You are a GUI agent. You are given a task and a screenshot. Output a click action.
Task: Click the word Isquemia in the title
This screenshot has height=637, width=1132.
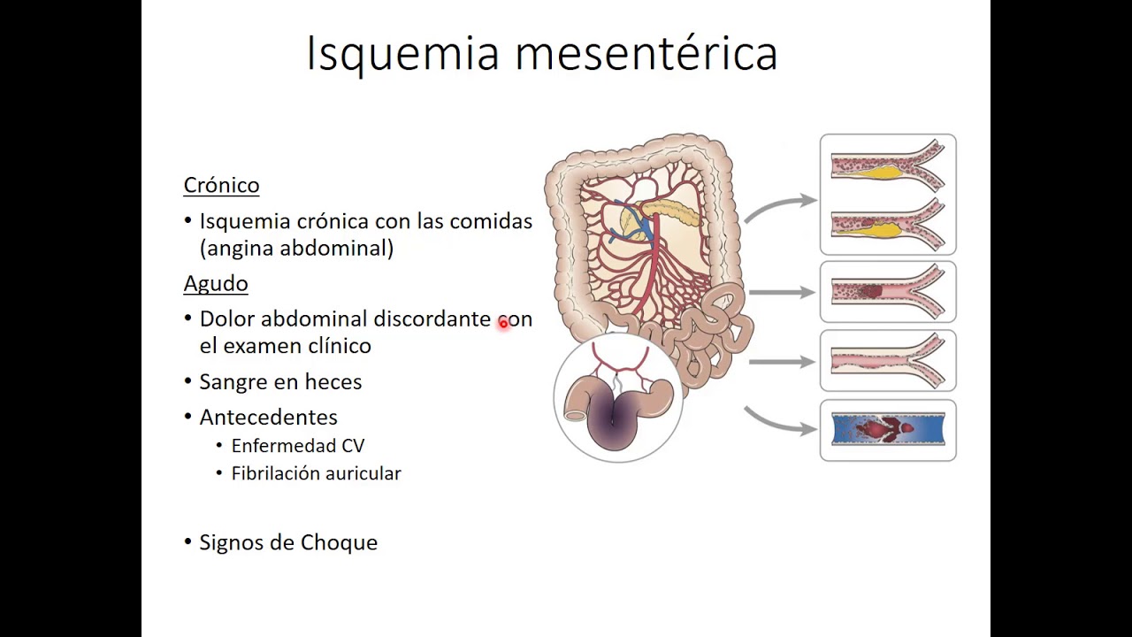coord(402,53)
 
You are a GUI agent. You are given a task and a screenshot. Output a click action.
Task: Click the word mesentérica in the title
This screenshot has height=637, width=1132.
coord(646,53)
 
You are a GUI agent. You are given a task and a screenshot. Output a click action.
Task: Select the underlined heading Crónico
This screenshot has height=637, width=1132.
coord(221,185)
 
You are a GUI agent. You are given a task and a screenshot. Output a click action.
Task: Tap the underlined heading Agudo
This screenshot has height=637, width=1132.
coord(216,283)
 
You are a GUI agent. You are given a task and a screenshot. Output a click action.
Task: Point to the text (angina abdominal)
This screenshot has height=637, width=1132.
coord(296,248)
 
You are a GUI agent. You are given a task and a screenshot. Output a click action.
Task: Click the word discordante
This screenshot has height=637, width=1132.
coord(432,318)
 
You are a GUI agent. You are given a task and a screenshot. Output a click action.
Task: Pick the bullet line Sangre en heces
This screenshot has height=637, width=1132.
coord(280,381)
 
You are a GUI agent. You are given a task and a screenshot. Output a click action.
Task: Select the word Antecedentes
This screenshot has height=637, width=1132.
coord(268,417)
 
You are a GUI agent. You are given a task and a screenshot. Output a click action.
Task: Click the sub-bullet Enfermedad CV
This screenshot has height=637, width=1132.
coord(297,446)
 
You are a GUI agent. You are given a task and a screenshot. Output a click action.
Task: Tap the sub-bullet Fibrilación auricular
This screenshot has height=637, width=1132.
coord(316,473)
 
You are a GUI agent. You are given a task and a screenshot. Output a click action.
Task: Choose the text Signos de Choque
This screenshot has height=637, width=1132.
coord(288,542)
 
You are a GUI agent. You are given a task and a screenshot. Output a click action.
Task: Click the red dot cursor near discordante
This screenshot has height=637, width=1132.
coord(503,324)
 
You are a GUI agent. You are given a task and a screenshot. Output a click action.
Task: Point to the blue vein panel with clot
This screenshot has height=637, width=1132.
coord(888,430)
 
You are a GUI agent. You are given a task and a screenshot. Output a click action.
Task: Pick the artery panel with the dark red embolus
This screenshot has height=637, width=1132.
coord(888,291)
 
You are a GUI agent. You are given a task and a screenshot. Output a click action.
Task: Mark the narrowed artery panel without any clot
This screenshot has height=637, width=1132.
coord(888,360)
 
